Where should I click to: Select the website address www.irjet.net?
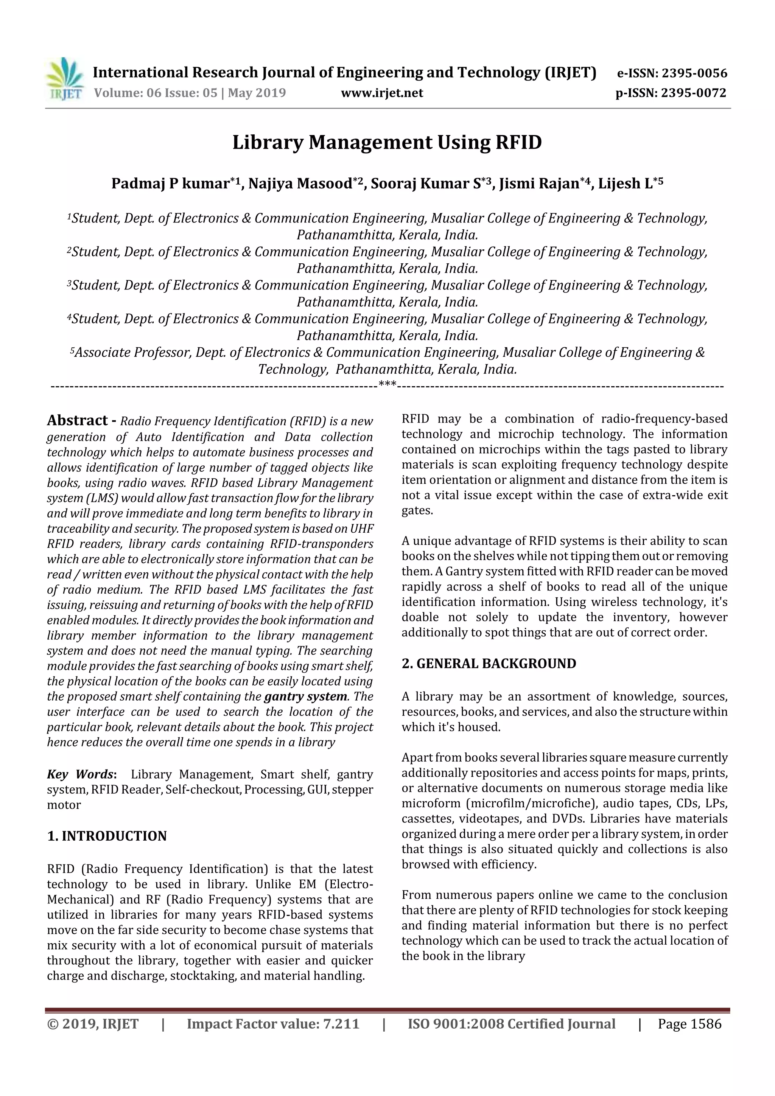[x=381, y=93]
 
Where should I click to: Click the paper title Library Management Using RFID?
[x=387, y=143]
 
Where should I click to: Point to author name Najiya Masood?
[x=301, y=184]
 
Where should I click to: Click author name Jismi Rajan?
[x=539, y=184]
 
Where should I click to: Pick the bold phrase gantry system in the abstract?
[x=306, y=696]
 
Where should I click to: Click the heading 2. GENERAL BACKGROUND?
[x=489, y=664]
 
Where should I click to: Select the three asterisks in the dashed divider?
[x=387, y=384]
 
